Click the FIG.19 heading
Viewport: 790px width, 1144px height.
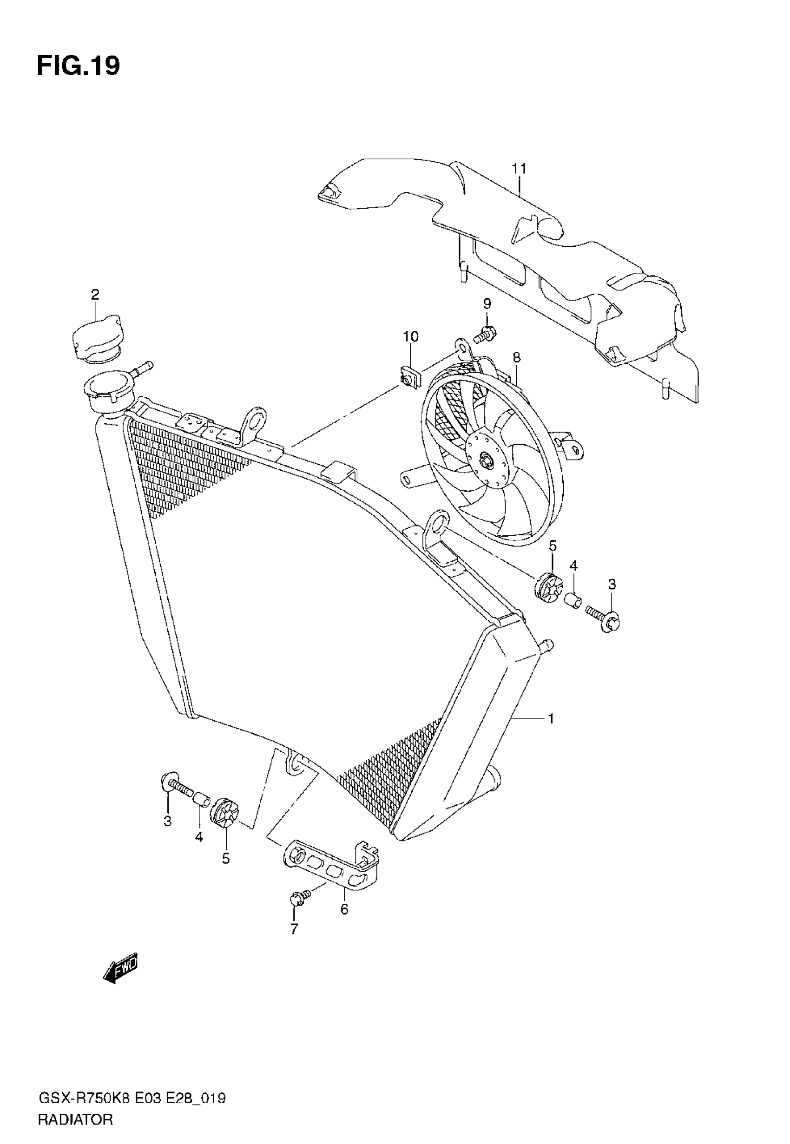(78, 66)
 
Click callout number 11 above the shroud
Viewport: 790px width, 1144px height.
(519, 169)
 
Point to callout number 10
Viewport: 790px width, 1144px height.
(410, 337)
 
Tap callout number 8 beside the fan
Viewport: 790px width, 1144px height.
(516, 357)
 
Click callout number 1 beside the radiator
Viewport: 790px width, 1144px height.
(550, 718)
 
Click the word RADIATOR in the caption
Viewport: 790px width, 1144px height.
(75, 1120)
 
